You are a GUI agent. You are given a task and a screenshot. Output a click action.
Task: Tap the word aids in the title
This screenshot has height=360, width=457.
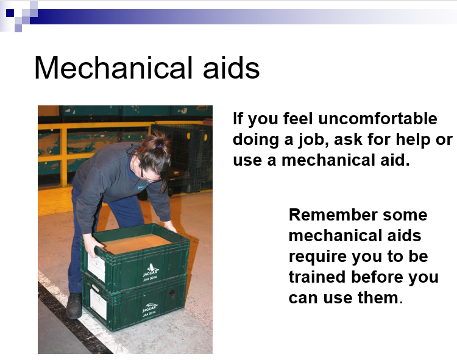click(231, 68)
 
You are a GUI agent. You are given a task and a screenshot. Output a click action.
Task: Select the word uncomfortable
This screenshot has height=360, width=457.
click(378, 119)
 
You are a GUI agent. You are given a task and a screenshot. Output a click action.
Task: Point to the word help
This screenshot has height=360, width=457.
click(414, 140)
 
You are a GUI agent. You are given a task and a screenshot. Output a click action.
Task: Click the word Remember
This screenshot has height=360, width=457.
click(333, 215)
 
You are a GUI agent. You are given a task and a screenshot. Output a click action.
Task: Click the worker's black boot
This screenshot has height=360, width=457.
click(74, 305)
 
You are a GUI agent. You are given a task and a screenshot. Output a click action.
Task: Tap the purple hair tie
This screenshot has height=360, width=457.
click(159, 145)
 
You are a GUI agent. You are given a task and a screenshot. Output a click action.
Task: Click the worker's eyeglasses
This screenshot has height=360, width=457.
click(147, 174)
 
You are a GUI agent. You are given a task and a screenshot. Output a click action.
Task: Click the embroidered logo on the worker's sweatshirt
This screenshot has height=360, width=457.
click(143, 186)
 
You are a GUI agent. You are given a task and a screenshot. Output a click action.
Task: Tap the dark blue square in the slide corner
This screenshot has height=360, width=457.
click(10, 13)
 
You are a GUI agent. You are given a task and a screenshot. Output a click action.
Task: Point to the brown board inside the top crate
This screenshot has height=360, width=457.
click(136, 242)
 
